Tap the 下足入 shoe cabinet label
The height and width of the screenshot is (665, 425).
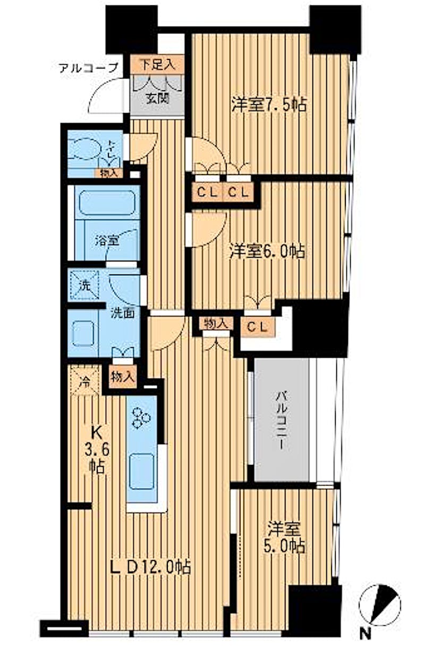point(158,64)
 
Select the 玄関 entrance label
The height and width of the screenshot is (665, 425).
point(158,98)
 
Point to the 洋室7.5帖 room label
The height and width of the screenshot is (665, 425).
point(269,104)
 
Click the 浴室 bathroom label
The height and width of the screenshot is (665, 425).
point(107,240)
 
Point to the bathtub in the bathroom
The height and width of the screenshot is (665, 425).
point(107,202)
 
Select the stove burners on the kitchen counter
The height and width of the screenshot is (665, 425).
point(141,418)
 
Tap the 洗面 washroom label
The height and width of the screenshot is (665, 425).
point(123,313)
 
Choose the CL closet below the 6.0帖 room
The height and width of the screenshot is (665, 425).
point(258,327)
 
